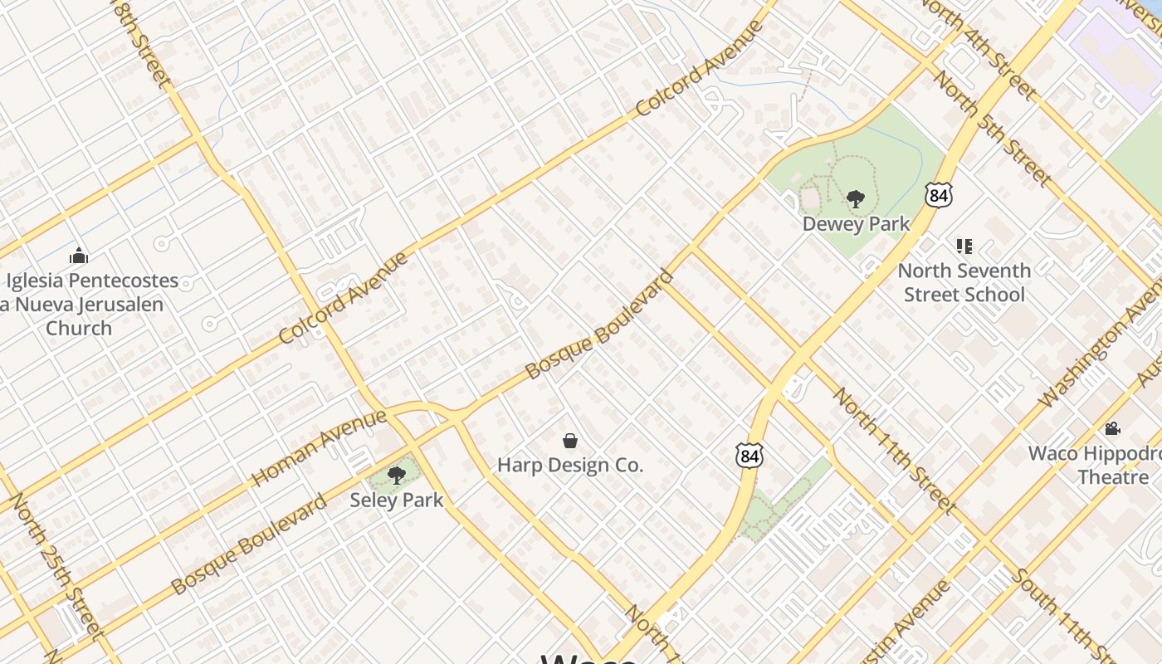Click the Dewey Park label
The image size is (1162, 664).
pos(856,224)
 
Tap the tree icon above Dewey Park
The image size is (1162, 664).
pos(856,199)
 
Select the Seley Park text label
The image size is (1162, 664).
pos(396,500)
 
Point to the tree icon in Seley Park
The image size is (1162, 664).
pos(397,476)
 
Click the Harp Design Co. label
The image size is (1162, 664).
pos(570,465)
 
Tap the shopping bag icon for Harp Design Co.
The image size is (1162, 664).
pos(570,441)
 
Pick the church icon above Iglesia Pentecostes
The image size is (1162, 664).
pos(79,256)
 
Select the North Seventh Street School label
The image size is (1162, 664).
pos(964,282)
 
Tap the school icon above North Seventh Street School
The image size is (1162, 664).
pos(964,247)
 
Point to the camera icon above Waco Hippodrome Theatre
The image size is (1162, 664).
pos(1112,429)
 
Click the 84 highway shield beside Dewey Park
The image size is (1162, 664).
pos(938,196)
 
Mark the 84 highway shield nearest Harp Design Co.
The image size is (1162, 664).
pos(748,456)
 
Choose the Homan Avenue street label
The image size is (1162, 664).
pos(320,447)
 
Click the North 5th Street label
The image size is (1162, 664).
pos(993,128)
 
